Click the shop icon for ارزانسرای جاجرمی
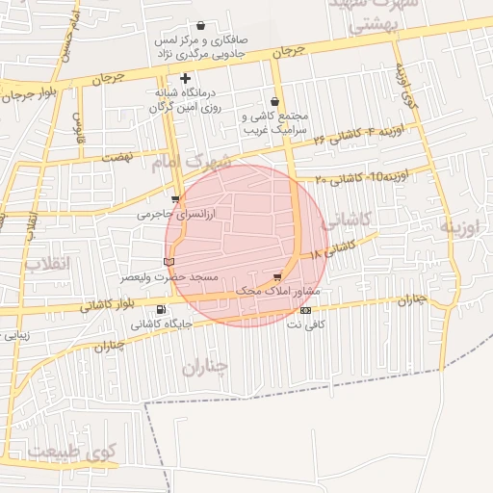[x=174, y=200]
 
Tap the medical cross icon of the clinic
[x=185, y=78]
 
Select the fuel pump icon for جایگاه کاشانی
[x=159, y=309]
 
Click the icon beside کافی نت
[x=305, y=310]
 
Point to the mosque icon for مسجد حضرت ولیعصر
[x=169, y=262]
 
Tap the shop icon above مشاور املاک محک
[x=278, y=276]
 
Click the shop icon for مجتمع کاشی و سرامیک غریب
[x=275, y=100]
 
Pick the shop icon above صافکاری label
[x=200, y=26]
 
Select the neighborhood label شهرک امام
[x=193, y=160]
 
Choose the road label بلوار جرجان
[x=31, y=94]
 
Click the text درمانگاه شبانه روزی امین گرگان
[x=192, y=101]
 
